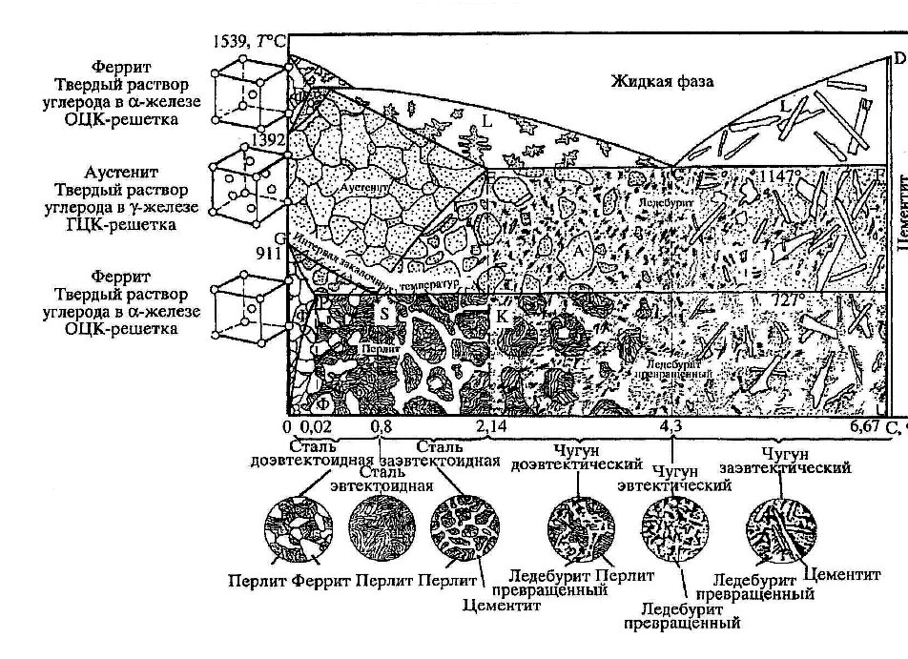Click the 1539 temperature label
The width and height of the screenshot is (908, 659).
tap(234, 41)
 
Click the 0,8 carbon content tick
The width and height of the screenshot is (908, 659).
tap(381, 427)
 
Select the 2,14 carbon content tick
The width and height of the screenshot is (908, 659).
tap(490, 427)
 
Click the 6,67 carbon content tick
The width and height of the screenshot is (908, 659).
tap(866, 427)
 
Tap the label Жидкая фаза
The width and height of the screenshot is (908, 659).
tap(662, 82)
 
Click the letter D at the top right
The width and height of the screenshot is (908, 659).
tap(899, 59)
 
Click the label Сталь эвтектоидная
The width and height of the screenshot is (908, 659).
tap(380, 478)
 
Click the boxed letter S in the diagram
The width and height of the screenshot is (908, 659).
tap(385, 311)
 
